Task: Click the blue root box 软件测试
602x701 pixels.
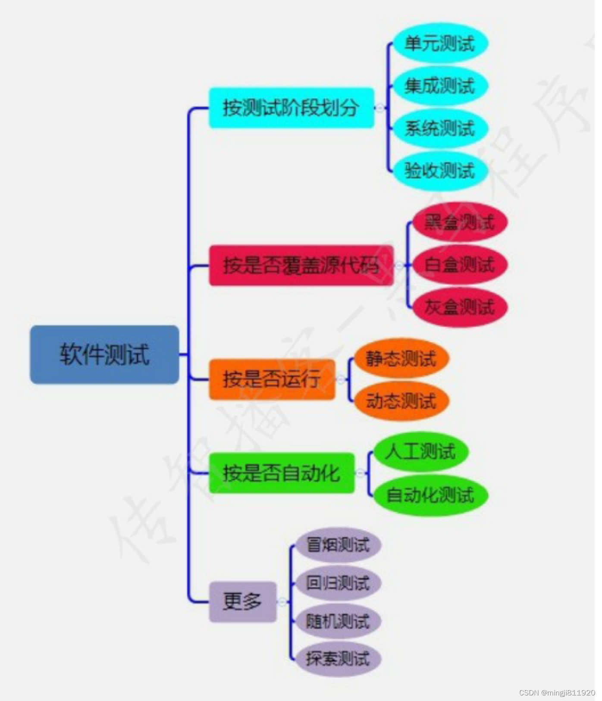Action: tap(104, 354)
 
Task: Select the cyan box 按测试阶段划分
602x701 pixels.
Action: tap(292, 108)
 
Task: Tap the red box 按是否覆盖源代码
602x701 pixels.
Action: tap(301, 265)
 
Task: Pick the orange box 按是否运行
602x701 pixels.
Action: tap(272, 379)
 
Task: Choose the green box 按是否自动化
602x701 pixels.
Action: tap(282, 473)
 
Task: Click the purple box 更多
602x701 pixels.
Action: tap(243, 601)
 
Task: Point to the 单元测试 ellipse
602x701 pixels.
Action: tap(439, 44)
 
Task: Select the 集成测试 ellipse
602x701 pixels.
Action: tap(439, 86)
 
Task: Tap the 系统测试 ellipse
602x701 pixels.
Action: tap(439, 128)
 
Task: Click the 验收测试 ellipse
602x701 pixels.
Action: tap(439, 171)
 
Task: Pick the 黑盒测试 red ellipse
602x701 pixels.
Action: tap(459, 222)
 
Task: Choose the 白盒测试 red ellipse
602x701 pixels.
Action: tap(459, 265)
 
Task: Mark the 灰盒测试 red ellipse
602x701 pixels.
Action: tap(459, 307)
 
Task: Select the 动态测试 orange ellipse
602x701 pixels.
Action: tap(401, 401)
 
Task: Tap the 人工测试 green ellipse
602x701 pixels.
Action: tap(420, 452)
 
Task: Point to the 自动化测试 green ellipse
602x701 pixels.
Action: tap(430, 494)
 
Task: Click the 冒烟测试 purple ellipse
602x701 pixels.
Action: tap(338, 545)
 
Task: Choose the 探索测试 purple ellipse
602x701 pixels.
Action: tap(338, 659)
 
